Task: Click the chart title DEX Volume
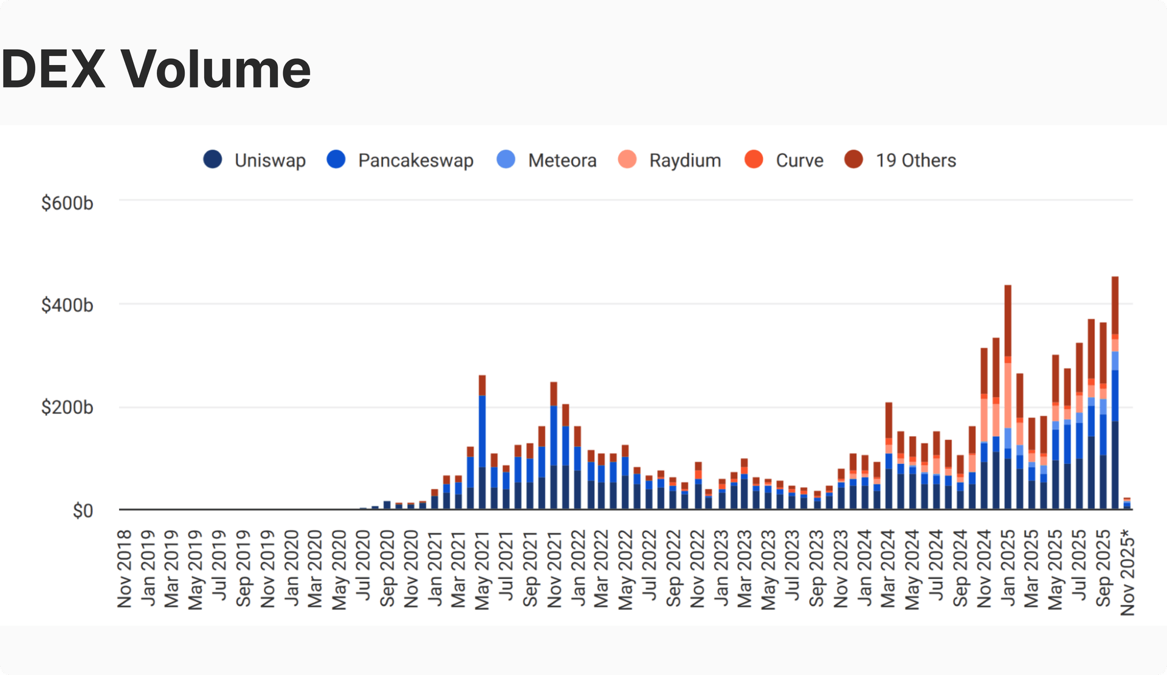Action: pos(156,69)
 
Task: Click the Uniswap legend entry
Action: pos(255,160)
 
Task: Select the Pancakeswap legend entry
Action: pos(401,160)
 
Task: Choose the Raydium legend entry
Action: pos(670,160)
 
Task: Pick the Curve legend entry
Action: pos(785,160)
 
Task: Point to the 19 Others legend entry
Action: pos(901,160)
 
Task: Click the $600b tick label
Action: pos(67,203)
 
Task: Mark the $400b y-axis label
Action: pos(67,305)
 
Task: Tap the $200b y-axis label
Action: pos(67,407)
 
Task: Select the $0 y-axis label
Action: pos(83,511)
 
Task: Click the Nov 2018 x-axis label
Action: pos(125,569)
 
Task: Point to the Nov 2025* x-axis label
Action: pos(1127,572)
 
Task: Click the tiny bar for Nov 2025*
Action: pos(1127,504)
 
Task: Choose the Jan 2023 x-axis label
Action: pos(721,569)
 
